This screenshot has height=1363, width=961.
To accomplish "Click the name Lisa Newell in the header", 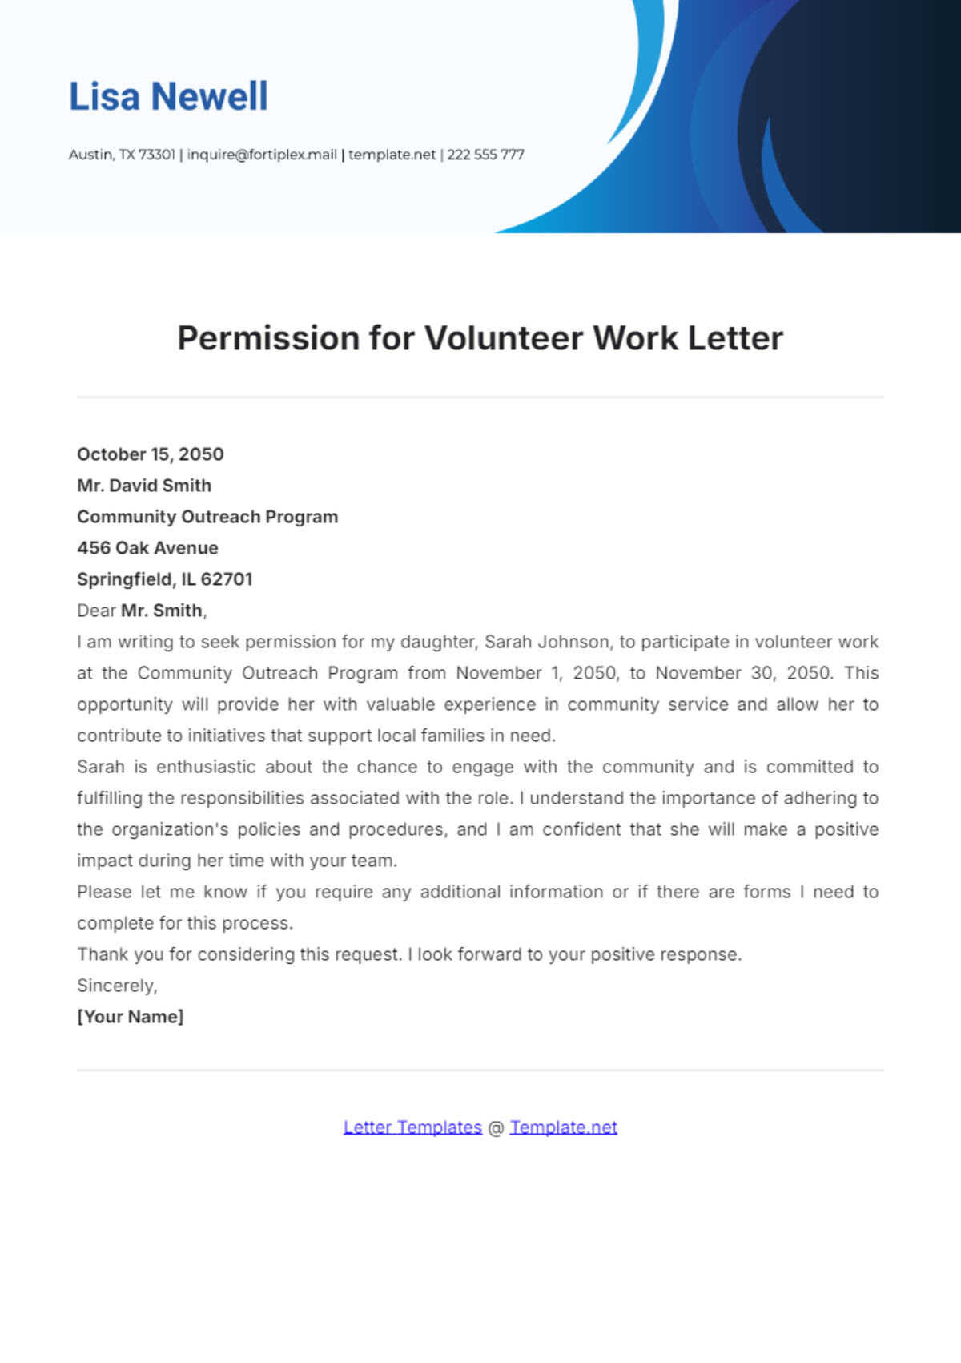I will [x=168, y=97].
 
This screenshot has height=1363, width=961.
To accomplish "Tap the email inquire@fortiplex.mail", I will [x=262, y=155].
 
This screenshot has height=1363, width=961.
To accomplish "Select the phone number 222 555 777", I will [x=485, y=155].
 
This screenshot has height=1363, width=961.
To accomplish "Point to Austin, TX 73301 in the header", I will [x=122, y=155].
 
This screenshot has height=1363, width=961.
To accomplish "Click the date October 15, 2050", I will [x=151, y=454].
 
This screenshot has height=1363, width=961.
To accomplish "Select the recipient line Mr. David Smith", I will [x=144, y=486].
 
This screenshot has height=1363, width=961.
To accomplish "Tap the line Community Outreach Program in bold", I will [x=207, y=517].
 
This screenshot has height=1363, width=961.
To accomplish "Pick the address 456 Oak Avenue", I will [x=147, y=548].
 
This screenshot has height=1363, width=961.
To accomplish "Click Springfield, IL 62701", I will [x=165, y=579].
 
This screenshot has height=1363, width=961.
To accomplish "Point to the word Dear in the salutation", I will [x=96, y=611].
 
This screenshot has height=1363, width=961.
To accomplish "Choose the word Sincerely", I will [x=117, y=986].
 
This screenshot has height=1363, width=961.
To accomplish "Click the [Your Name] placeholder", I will [x=131, y=1017].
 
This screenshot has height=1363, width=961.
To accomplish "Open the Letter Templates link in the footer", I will [x=412, y=1127].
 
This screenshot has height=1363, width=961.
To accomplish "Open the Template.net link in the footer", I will [x=563, y=1127].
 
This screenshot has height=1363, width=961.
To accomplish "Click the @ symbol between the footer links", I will [x=496, y=1128].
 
